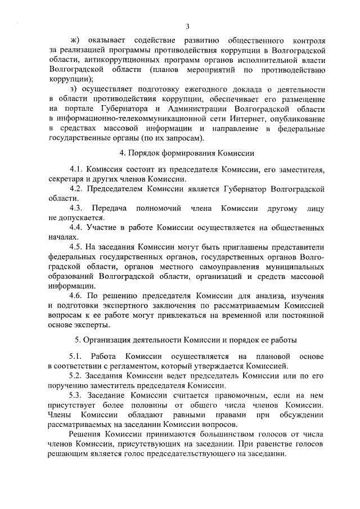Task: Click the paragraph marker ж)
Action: click(74, 40)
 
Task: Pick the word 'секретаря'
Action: click(67, 179)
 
